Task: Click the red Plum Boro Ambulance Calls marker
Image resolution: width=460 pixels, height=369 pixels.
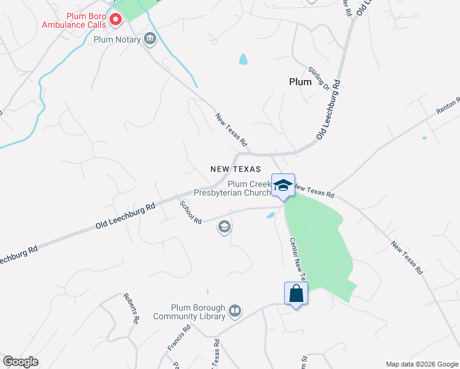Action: pyautogui.click(x=115, y=20)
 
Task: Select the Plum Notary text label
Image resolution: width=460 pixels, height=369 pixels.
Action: pyautogui.click(x=117, y=40)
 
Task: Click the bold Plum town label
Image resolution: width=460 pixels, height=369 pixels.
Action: pyautogui.click(x=300, y=82)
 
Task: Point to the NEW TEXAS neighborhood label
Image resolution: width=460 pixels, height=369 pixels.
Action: pyautogui.click(x=236, y=169)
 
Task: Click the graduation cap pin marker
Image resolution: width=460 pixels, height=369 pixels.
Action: pyautogui.click(x=283, y=186)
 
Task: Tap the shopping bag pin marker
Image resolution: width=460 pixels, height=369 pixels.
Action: pyautogui.click(x=296, y=293)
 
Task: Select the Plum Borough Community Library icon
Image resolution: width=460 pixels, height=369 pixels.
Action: pyautogui.click(x=234, y=312)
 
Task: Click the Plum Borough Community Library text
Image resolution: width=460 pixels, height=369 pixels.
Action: pyautogui.click(x=198, y=312)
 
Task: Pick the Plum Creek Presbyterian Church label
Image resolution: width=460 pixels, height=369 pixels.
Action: pyautogui.click(x=232, y=188)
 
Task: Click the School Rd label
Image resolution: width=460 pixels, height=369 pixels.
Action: pyautogui.click(x=190, y=212)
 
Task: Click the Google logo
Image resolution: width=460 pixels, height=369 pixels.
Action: pyautogui.click(x=20, y=362)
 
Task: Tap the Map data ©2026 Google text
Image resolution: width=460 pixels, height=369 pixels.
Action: pyautogui.click(x=421, y=364)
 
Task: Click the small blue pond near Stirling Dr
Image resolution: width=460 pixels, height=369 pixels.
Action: pyautogui.click(x=244, y=60)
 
